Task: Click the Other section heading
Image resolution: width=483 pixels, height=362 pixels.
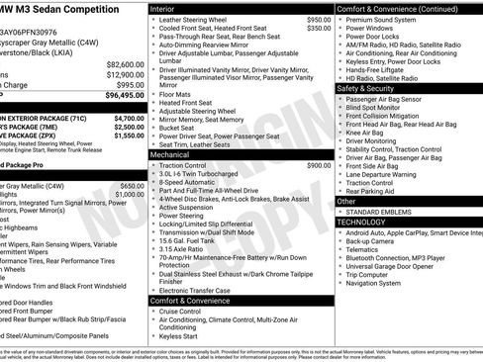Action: [346, 201]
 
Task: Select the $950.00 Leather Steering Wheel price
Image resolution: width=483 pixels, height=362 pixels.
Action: [319, 20]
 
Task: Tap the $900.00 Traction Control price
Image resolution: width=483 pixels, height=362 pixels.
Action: [319, 165]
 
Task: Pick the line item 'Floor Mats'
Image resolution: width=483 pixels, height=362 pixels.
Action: [178, 93]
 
